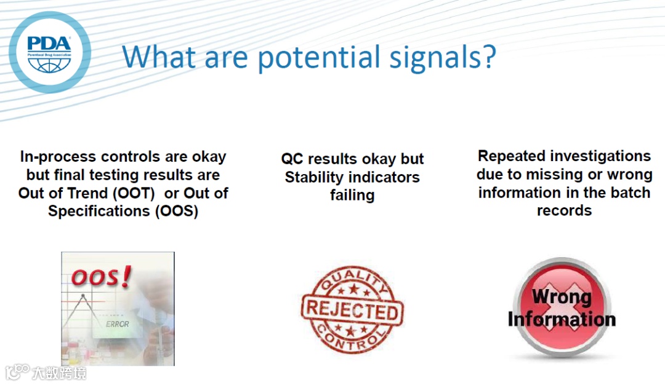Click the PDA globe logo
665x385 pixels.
coord(50,52)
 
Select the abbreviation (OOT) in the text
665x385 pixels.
coord(134,193)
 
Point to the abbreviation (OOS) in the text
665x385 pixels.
coord(177,211)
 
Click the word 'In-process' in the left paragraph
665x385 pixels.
coord(58,157)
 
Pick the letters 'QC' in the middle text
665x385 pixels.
coord(292,159)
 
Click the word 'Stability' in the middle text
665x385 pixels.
coord(314,178)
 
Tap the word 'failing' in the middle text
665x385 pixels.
coord(352,195)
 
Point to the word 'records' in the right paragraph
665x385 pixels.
coord(564,210)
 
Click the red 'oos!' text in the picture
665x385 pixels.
coord(101,277)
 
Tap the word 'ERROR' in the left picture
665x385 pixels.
coord(118,324)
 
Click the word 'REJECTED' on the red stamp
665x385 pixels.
coord(352,311)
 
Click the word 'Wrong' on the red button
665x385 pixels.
coord(562,296)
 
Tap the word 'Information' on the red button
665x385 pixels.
coord(562,319)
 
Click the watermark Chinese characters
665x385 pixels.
coord(59,373)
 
